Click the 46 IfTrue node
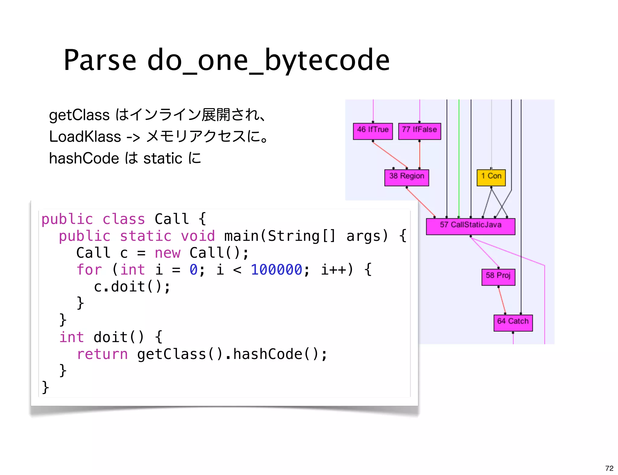pyautogui.click(x=373, y=131)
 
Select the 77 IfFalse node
pyautogui.click(x=419, y=131)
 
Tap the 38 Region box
pyautogui.click(x=406, y=178)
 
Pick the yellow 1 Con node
pyautogui.click(x=491, y=178)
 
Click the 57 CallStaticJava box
pyautogui.click(x=470, y=226)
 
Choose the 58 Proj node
pyautogui.click(x=498, y=277)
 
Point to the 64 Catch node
pyautogui.click(x=513, y=322)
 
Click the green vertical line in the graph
pyautogui.click(x=459, y=157)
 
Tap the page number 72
pyautogui.click(x=609, y=468)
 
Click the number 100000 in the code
pyautogui.click(x=276, y=269)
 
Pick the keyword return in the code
pyautogui.click(x=102, y=354)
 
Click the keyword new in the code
pyautogui.click(x=167, y=253)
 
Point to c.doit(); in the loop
pyautogui.click(x=132, y=286)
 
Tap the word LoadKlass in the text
pyautogui.click(x=85, y=137)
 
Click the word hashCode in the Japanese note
pyautogui.click(x=84, y=159)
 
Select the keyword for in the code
pyautogui.click(x=89, y=269)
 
